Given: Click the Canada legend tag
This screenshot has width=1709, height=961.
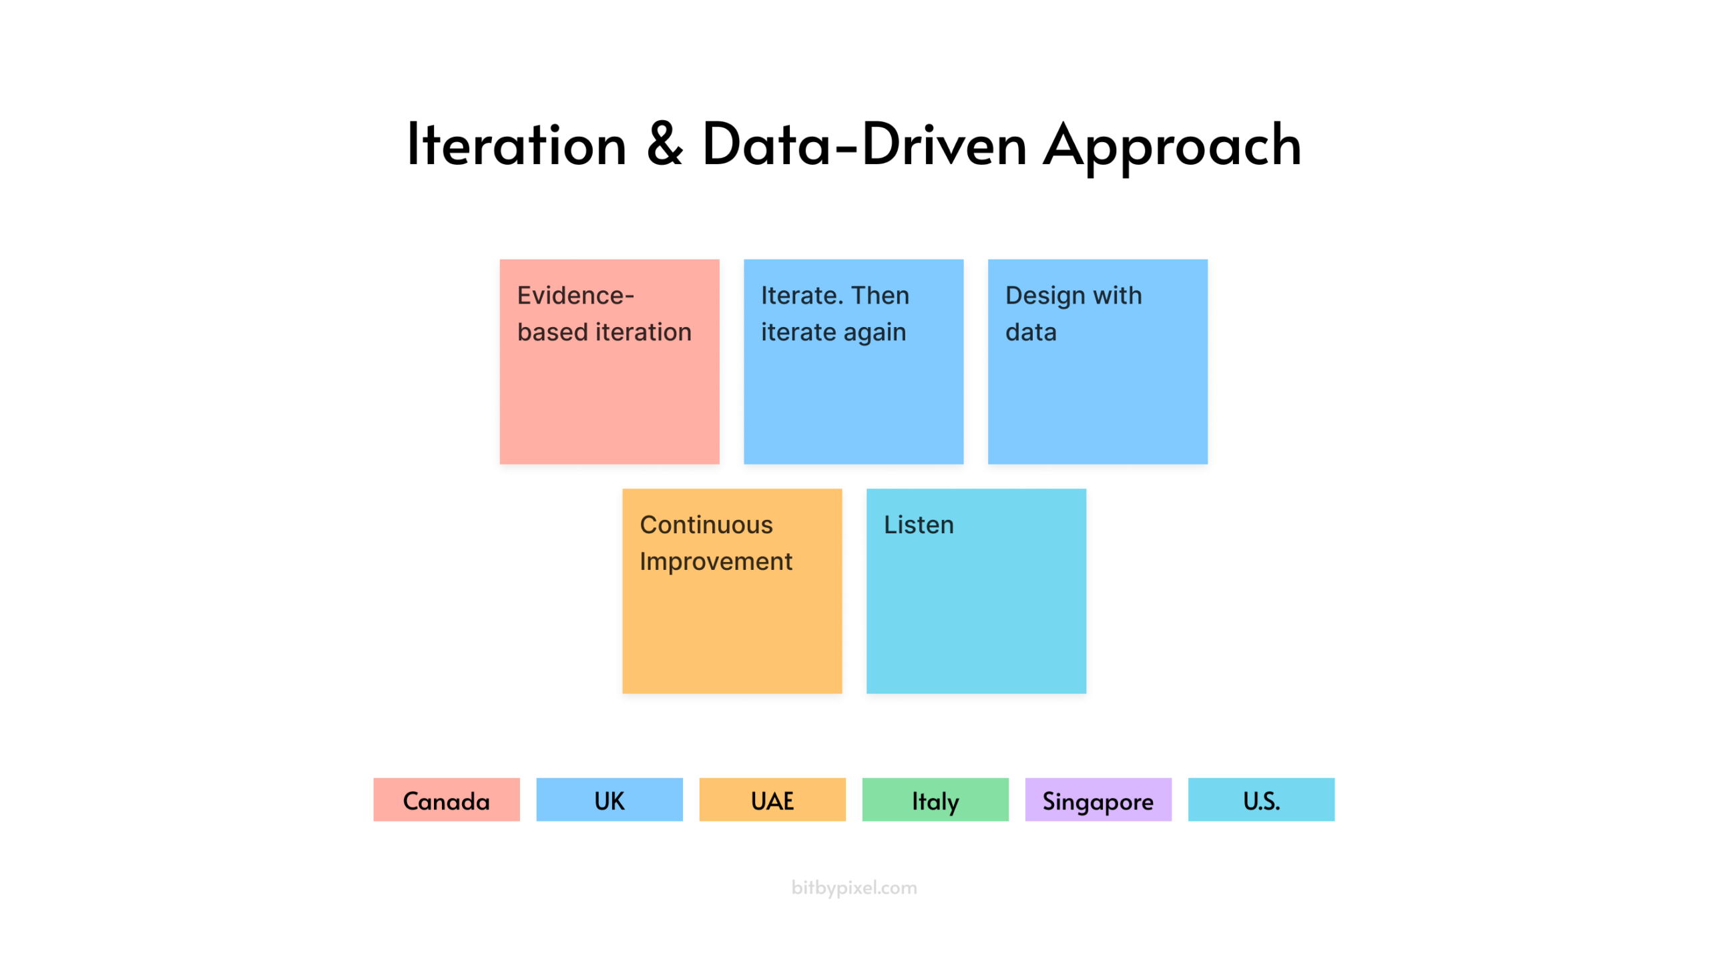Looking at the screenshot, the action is (447, 799).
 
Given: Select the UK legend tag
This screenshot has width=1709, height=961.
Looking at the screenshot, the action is (609, 799).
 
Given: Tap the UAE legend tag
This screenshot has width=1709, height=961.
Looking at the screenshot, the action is (772, 799).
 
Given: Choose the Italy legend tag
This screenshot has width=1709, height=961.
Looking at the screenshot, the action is (935, 799).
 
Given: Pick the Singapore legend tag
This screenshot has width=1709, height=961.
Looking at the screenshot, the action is (1098, 799).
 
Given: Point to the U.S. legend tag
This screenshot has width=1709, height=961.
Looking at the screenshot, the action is (1261, 799).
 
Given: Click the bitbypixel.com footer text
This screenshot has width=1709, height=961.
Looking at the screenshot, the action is (854, 888).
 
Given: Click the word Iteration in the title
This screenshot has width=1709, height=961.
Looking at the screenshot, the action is (517, 144).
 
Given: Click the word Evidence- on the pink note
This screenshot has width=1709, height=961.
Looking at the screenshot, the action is (575, 295).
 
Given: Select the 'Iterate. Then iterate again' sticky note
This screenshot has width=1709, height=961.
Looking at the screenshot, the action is (853, 362).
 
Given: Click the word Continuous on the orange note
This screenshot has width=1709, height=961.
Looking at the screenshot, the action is (706, 525).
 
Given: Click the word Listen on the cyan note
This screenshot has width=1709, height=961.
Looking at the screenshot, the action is (919, 525).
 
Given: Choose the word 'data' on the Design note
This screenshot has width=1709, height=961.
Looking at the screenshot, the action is (1031, 332).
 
